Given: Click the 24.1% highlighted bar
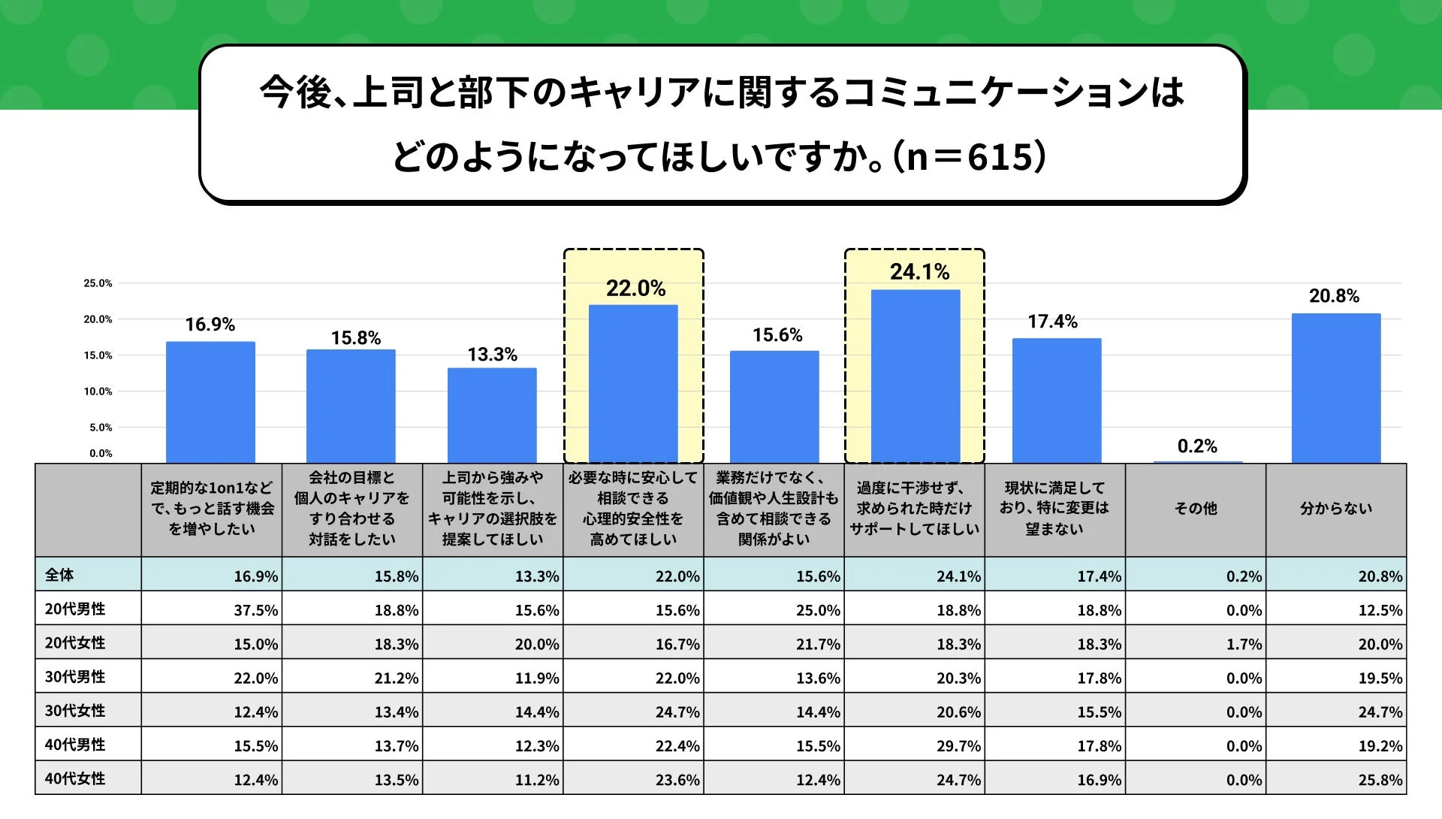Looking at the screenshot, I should tap(915, 376).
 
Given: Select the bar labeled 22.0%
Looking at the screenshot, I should tap(633, 383).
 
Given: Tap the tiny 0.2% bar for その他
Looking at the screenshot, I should tap(1197, 462).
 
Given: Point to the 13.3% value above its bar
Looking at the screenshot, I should tap(492, 355).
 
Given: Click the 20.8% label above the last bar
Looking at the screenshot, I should tap(1334, 296).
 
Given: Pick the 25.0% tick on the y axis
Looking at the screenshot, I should tap(98, 283).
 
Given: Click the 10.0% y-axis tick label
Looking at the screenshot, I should tap(98, 391).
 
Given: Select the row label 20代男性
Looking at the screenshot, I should tap(75, 609).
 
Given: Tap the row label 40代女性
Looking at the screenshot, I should tap(75, 778).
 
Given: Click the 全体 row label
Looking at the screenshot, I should tap(59, 575).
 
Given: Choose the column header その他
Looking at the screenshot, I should tap(1196, 509).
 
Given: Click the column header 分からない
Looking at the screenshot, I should tap(1335, 509).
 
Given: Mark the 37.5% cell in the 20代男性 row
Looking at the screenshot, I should tap(255, 610).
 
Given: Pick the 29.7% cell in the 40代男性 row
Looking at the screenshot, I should tap(958, 746).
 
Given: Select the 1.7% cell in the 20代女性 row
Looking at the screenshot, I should tap(1244, 644).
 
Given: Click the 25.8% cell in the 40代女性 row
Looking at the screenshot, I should tap(1380, 780).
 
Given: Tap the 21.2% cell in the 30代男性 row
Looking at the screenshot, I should tap(396, 678).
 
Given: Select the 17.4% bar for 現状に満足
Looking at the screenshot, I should tap(1056, 400).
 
